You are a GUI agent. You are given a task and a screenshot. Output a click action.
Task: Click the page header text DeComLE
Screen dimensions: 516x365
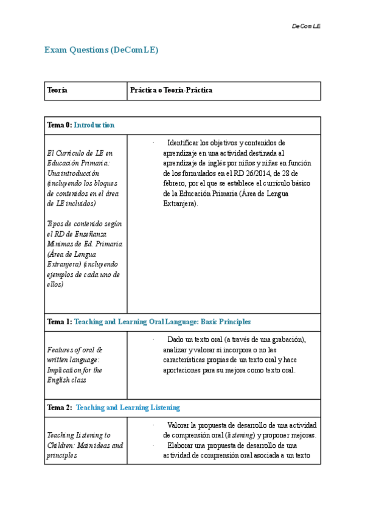(306, 27)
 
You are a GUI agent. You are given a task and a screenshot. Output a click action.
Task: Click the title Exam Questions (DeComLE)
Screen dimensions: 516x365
(102, 50)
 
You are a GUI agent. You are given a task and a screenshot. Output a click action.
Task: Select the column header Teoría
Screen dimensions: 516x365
(57, 91)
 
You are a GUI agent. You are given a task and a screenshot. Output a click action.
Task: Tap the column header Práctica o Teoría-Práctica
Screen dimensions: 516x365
(171, 91)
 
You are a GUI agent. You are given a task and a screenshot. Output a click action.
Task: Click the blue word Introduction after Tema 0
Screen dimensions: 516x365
(94, 125)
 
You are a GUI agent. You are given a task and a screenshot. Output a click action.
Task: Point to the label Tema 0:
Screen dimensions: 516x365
(59, 125)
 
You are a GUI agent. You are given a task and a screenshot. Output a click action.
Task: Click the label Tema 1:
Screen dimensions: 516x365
(59, 321)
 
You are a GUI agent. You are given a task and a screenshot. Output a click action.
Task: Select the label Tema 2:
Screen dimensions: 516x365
(59, 407)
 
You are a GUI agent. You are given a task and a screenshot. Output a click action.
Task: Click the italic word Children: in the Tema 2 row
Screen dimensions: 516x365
(63, 445)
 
